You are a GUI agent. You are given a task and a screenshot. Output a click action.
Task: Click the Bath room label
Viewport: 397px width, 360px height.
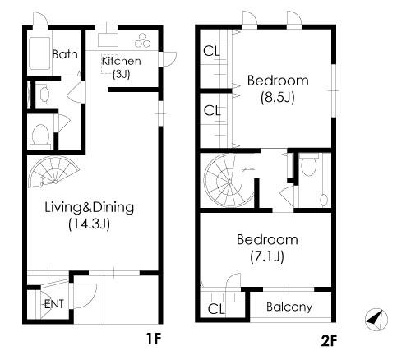click(65, 54)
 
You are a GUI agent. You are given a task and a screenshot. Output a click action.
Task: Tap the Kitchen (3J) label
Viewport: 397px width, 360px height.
click(121, 67)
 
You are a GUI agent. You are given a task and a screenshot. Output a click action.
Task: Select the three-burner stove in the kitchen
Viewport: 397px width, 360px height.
click(142, 40)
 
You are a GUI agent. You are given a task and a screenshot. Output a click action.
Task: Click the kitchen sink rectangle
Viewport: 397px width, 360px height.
click(108, 40)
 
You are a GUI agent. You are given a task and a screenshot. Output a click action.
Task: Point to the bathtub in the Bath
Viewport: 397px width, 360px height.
click(40, 53)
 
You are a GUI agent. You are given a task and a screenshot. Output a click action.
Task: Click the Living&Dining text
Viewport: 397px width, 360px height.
click(90, 207)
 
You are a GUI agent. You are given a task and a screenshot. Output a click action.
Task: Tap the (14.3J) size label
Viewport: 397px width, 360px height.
click(90, 224)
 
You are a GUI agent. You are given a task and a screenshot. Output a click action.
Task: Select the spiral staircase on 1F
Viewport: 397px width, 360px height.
click(54, 172)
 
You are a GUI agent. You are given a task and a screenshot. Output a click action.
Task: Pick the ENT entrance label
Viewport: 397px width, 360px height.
click(54, 304)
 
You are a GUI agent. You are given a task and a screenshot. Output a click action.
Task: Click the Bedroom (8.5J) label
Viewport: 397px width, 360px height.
click(278, 89)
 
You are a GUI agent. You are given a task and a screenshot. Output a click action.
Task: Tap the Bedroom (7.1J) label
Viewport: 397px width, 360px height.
click(267, 247)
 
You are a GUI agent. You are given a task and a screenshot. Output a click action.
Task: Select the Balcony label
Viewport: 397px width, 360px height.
click(289, 307)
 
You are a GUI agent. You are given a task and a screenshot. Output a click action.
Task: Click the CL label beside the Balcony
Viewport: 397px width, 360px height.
click(216, 309)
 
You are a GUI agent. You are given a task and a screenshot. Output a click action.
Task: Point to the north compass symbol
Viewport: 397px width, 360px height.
click(376, 320)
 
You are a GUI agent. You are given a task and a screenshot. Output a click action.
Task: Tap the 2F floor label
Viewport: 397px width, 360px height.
click(328, 340)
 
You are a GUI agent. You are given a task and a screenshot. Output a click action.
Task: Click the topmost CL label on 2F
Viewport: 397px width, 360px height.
click(212, 51)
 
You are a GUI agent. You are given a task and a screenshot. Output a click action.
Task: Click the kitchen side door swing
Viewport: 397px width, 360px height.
click(168, 58)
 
